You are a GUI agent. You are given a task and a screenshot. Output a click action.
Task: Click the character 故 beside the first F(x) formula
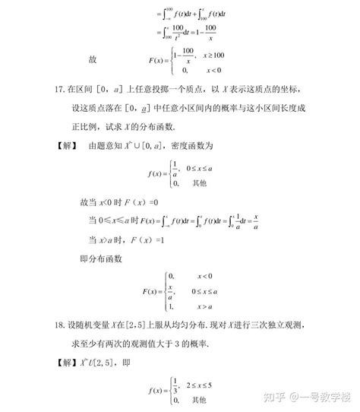point(92,59)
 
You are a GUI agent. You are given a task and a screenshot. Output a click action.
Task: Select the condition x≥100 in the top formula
point(213,55)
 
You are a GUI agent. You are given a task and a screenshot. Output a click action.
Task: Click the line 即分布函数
point(101,258)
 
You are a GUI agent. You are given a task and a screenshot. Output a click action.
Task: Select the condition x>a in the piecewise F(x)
point(206,306)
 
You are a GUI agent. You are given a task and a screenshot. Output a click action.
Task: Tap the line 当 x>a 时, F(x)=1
point(121,239)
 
